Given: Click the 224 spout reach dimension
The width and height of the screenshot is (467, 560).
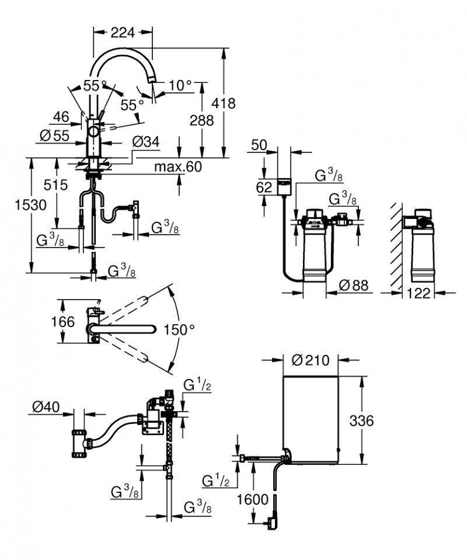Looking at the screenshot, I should (x=123, y=33).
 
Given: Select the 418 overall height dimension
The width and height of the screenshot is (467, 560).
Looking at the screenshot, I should (x=224, y=103).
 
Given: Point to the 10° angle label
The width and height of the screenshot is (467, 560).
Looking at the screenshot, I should (x=180, y=86).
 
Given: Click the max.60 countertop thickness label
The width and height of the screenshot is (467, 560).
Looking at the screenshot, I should (x=177, y=167).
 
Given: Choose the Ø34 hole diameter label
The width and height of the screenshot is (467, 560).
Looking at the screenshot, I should (x=146, y=141).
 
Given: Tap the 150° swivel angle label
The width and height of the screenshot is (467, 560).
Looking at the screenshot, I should (x=179, y=329).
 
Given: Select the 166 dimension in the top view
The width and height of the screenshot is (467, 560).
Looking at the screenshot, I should (x=63, y=322).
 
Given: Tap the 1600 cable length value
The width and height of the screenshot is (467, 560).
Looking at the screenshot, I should (x=253, y=499).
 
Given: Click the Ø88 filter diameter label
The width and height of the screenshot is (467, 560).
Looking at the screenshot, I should (x=354, y=286).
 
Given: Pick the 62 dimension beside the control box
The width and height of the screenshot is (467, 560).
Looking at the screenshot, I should (x=264, y=187).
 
